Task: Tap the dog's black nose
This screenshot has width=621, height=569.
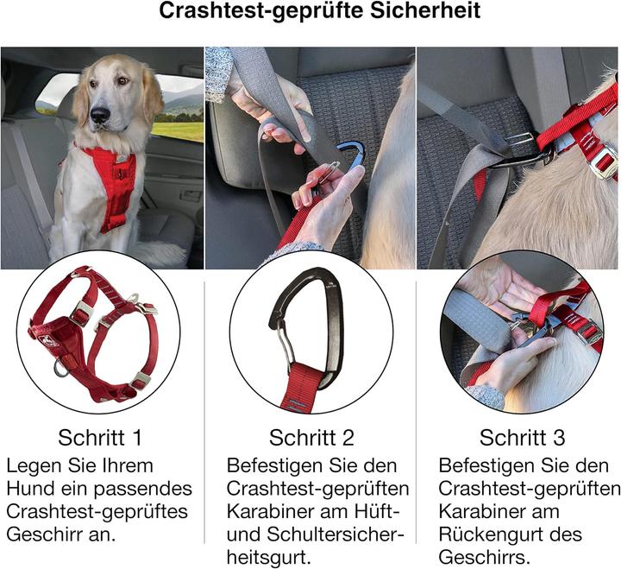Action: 100,114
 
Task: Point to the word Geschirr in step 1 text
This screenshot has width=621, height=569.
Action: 39,533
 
